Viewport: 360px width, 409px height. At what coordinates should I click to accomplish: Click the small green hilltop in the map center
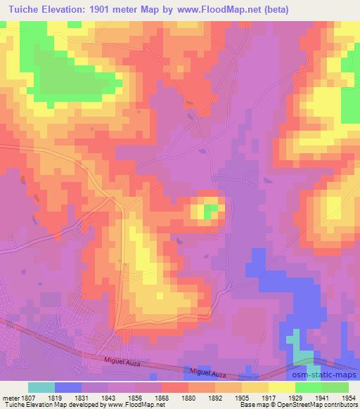point(210,209)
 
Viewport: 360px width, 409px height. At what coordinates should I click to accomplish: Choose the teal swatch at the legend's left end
point(41,387)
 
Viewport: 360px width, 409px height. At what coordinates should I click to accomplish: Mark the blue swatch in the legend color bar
point(68,387)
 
